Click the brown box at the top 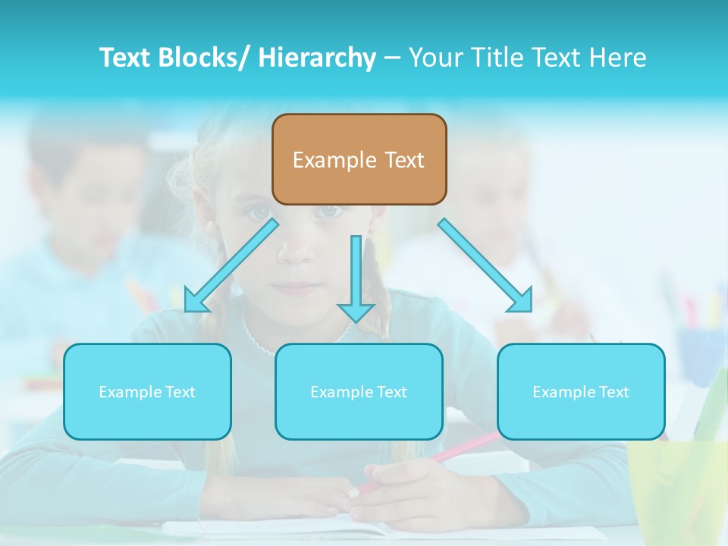[359, 159]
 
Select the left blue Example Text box [147, 391]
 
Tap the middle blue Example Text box [359, 391]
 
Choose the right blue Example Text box [581, 391]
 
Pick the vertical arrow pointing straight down [356, 277]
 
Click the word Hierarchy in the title [317, 58]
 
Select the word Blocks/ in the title [203, 58]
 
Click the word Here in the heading [617, 58]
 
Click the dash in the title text [392, 58]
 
